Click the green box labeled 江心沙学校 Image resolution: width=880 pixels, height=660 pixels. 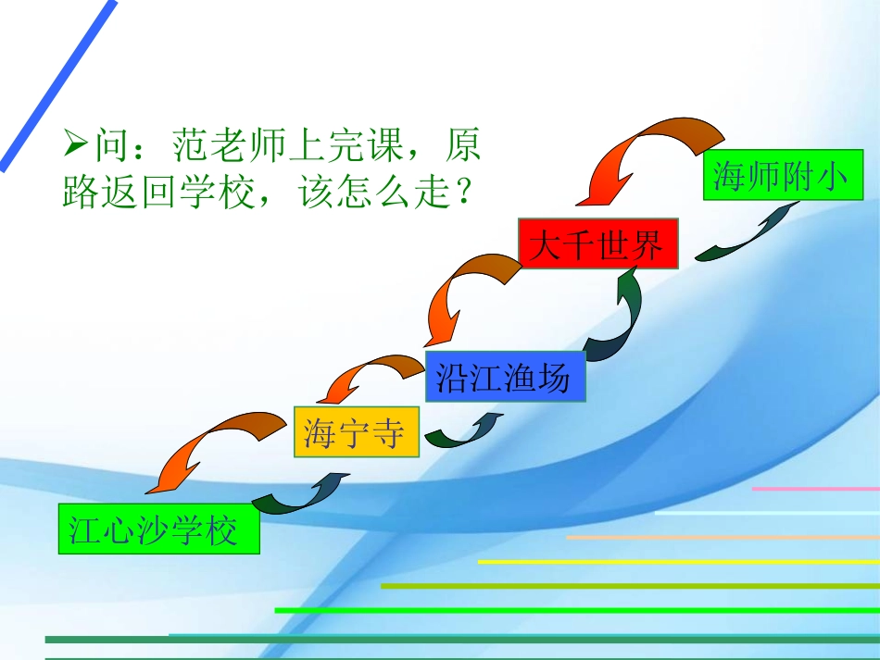pos(158,529)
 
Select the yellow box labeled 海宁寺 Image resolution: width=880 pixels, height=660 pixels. pos(357,432)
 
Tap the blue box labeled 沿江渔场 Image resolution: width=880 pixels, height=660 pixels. pos(505,377)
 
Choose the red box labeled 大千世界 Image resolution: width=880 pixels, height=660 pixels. pos(597,245)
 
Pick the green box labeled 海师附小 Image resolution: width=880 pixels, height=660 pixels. pos(783,175)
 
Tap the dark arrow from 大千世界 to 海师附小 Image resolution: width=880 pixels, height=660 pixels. pos(746,236)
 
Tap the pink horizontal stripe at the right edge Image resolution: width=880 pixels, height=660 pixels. pos(815,489)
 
